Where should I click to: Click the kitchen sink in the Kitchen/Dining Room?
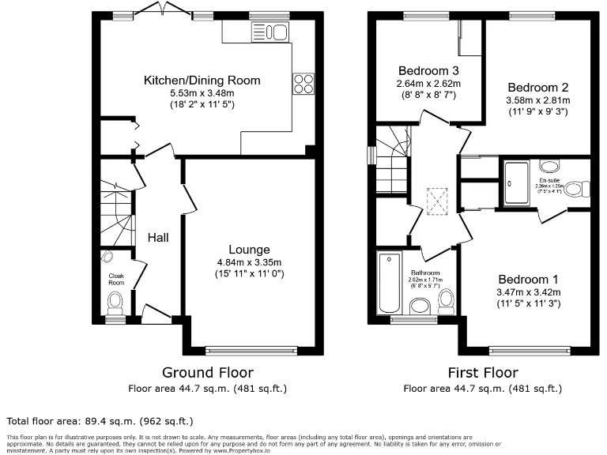click(x=270, y=32)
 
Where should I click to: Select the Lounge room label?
click(x=250, y=250)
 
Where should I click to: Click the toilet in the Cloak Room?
click(x=116, y=301)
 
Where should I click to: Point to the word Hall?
click(x=159, y=237)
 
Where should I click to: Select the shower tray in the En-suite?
click(x=516, y=184)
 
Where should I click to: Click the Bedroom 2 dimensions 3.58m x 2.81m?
click(x=538, y=100)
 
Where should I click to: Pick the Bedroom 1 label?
click(x=528, y=279)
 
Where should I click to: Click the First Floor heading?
click(x=482, y=372)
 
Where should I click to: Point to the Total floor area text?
click(x=100, y=421)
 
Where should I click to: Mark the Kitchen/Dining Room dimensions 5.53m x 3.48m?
click(x=202, y=92)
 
